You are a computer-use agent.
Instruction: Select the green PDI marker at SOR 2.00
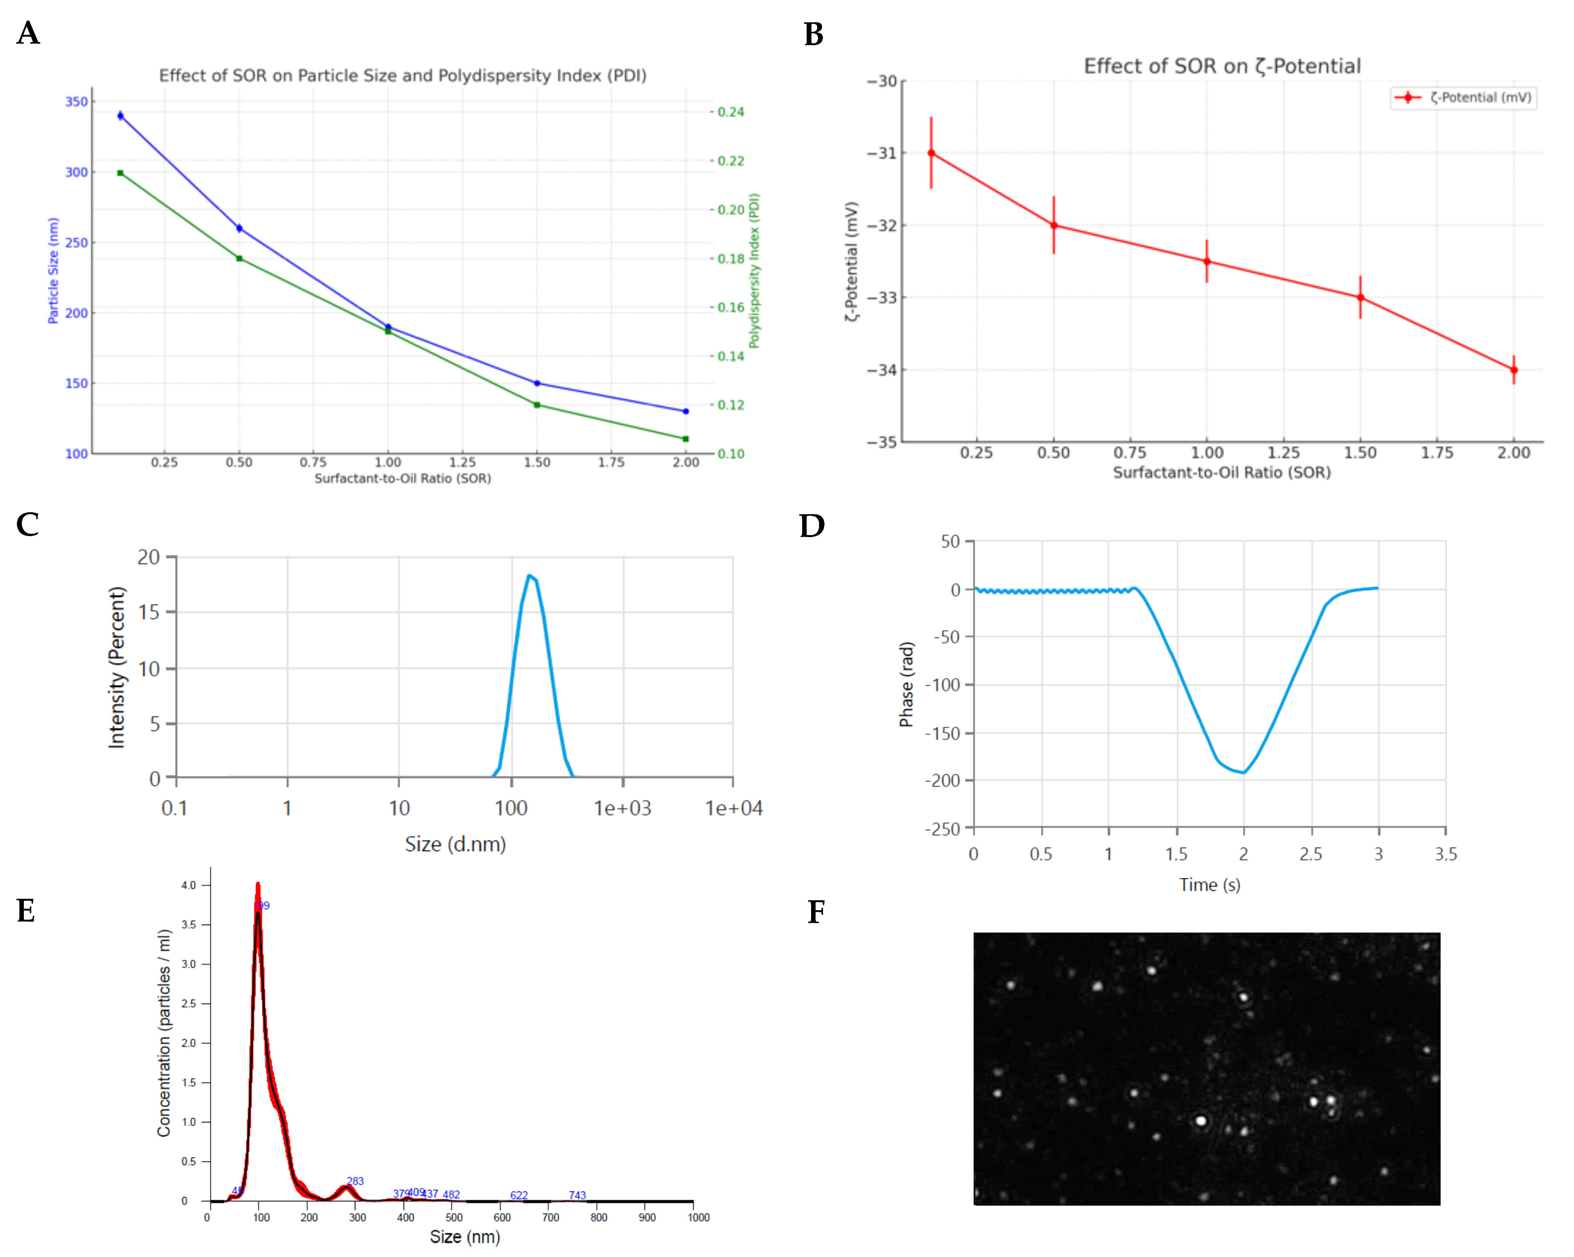tap(685, 439)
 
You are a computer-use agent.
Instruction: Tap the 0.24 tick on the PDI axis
tap(730, 112)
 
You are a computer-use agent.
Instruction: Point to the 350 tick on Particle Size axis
tap(77, 101)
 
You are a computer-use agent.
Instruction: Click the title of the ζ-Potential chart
tap(1222, 67)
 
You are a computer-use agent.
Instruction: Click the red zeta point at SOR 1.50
tap(1360, 297)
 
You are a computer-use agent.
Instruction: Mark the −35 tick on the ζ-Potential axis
tap(881, 442)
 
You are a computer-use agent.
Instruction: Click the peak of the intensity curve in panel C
tap(529, 576)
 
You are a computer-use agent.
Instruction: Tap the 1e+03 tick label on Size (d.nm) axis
tap(622, 808)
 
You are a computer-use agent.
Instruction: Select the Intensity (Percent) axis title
tap(117, 667)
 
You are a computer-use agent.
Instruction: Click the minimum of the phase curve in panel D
tap(1243, 772)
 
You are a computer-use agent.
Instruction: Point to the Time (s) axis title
tap(1210, 885)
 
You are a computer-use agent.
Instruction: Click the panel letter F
tap(816, 913)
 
